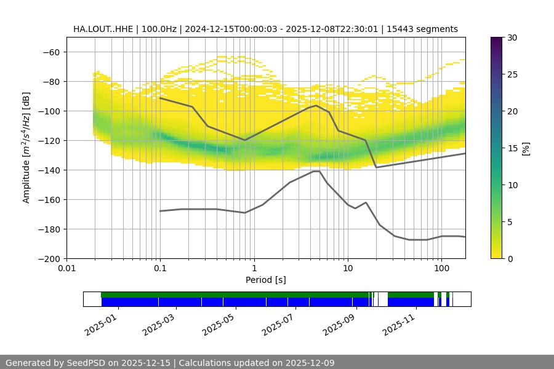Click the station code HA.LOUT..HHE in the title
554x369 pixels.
coord(102,29)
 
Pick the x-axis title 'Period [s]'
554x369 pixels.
coord(266,280)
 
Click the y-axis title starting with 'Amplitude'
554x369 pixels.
coord(26,148)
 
